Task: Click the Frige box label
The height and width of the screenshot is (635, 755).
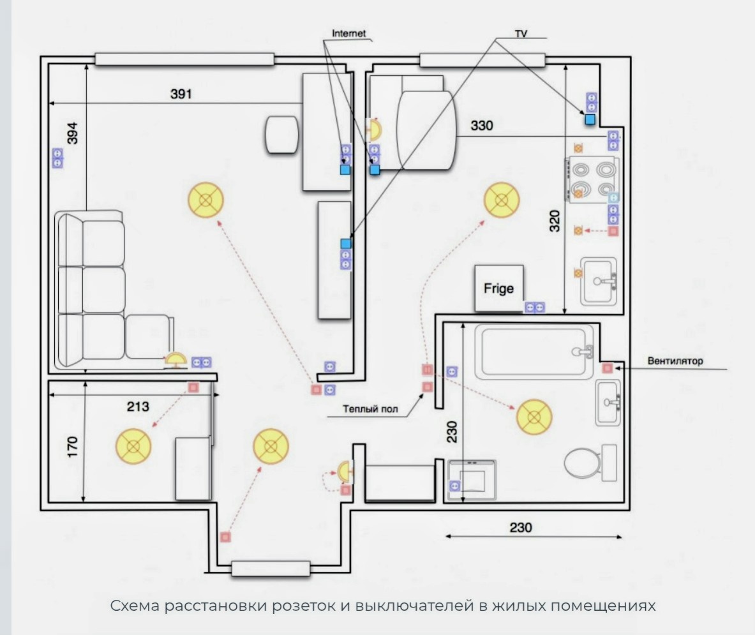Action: coord(498,288)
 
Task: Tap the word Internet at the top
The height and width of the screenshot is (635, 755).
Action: coord(348,33)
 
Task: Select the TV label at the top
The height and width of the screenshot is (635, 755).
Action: coord(521,34)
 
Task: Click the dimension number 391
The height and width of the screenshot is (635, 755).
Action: coord(181,94)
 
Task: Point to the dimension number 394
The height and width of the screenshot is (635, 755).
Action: coord(71,133)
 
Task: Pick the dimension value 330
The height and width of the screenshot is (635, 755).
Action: coord(481,126)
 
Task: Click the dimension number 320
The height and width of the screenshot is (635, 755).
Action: coord(555,221)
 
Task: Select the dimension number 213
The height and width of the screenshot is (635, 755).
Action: coord(138,407)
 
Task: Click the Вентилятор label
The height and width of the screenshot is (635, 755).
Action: coord(675,361)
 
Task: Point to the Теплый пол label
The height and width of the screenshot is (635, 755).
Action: coord(370,409)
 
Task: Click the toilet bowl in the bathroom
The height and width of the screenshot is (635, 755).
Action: coord(582,463)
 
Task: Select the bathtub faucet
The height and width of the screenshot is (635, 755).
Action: coord(584,351)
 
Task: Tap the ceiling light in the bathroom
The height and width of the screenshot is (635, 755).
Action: coord(534,417)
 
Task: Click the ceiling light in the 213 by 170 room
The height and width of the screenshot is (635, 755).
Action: coord(133,446)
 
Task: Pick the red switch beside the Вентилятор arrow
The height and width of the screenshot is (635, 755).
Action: coord(607,368)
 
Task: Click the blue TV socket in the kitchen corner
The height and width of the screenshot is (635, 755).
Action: coord(590,119)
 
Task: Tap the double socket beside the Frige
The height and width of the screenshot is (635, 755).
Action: coord(534,307)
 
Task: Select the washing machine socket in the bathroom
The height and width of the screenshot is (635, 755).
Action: coord(454,486)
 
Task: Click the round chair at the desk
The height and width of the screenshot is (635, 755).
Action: coord(281,135)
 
